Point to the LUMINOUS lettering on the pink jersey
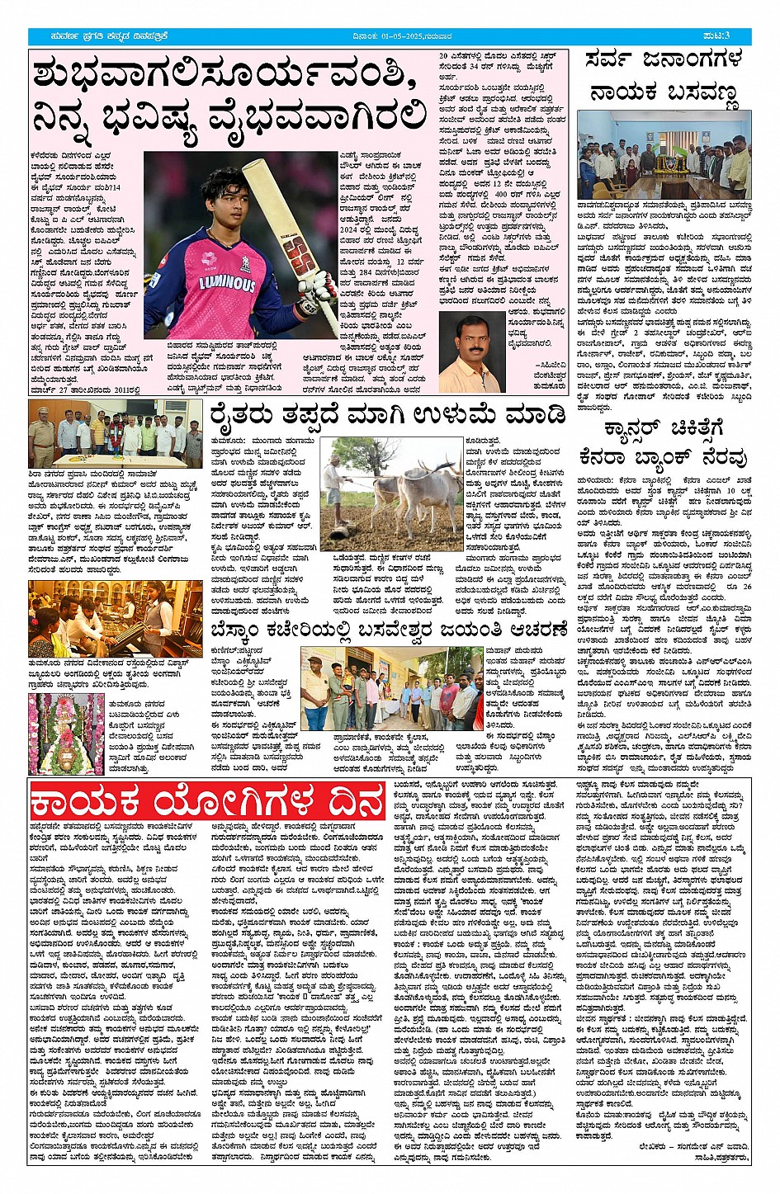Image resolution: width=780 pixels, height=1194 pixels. [x=226, y=283]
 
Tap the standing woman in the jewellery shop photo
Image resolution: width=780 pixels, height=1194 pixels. [x=158, y=615]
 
